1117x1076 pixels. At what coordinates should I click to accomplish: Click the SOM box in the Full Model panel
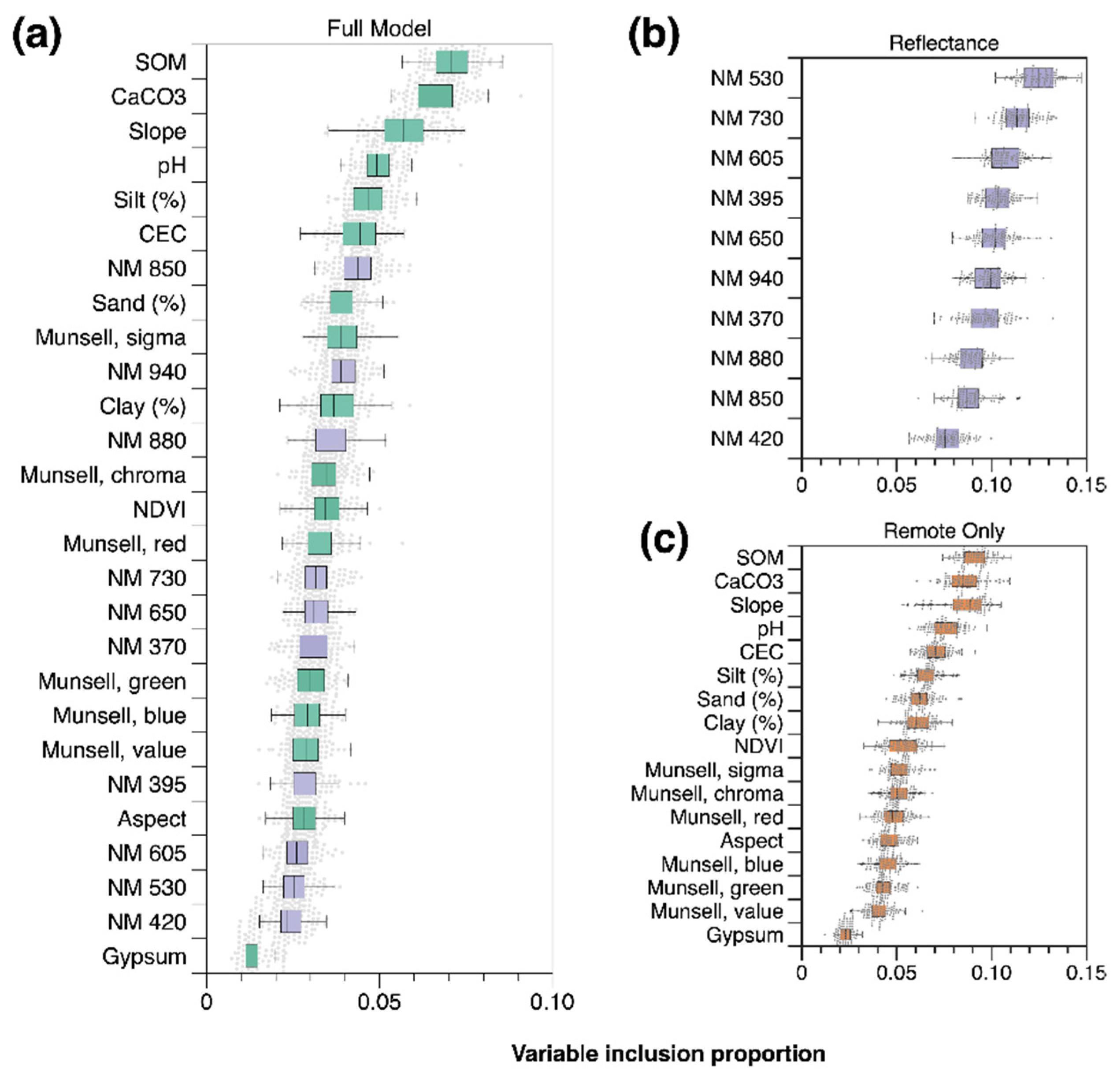click(x=452, y=62)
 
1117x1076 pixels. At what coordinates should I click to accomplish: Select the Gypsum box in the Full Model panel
click(x=251, y=956)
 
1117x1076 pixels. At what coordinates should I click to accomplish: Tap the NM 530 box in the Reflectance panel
click(x=1039, y=78)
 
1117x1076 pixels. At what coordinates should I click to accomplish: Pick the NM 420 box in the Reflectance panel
click(x=946, y=438)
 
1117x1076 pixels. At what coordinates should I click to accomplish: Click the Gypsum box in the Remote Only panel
click(x=846, y=935)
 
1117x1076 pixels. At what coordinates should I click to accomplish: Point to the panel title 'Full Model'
click(x=379, y=29)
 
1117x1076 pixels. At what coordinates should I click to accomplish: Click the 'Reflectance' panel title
click(x=944, y=43)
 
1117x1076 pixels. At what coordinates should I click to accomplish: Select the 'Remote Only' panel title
click(x=944, y=531)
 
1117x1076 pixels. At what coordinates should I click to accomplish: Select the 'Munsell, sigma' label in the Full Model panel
click(x=111, y=338)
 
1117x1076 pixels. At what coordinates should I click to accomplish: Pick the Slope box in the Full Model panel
click(x=404, y=130)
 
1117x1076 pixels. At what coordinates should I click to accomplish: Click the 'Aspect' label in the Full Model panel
click(x=152, y=819)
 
